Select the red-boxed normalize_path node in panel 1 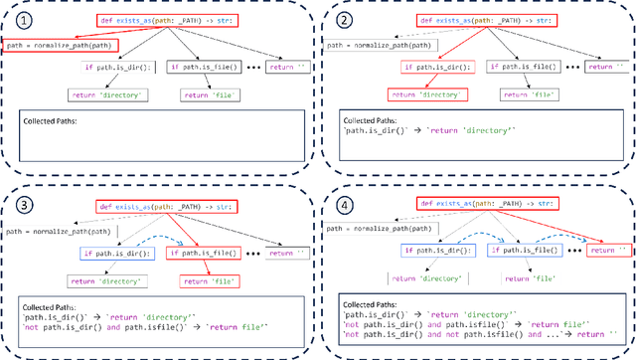click(x=61, y=45)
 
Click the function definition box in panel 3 click(x=172, y=208)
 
